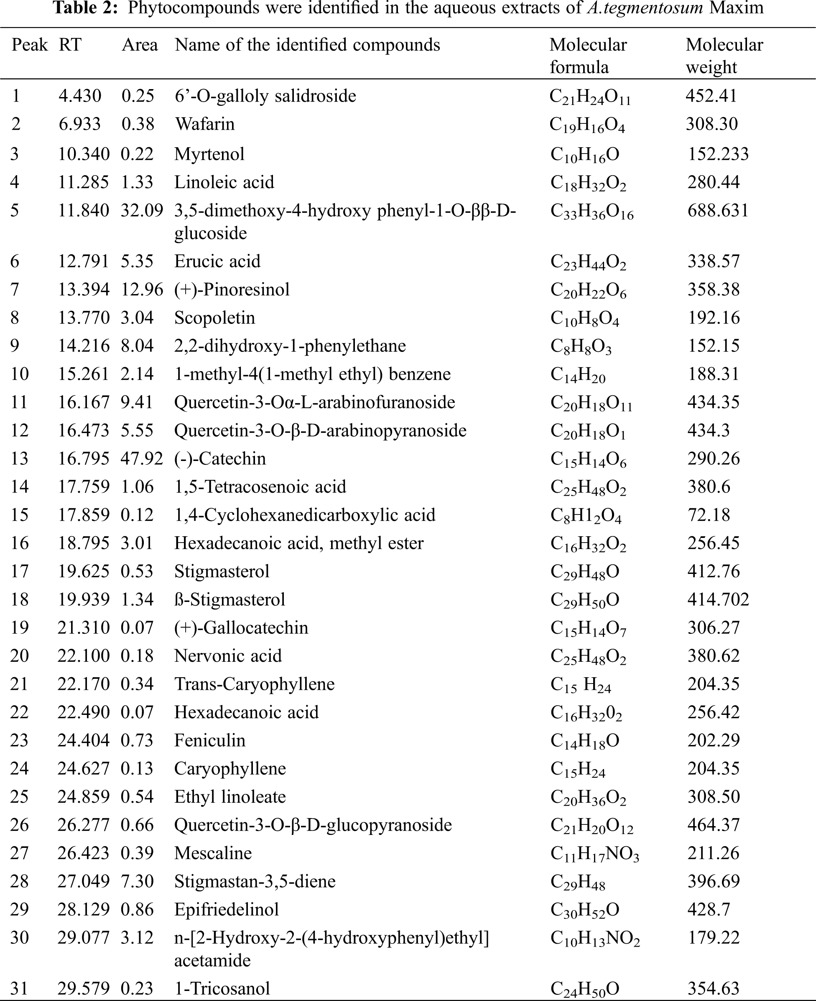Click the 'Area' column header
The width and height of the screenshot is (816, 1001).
140,45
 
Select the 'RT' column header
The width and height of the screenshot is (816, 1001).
70,45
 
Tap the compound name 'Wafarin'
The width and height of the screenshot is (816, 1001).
204,124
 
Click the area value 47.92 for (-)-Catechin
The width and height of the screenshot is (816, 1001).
141,458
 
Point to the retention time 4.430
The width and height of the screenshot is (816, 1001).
80,96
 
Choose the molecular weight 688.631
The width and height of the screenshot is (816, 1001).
718,210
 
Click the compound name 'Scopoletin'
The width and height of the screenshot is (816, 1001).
214,318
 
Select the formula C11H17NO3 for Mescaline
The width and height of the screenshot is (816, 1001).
594,854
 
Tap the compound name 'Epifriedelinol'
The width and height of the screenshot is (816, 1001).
227,910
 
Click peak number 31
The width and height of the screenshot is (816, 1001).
19,988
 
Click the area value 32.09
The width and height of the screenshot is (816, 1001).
141,210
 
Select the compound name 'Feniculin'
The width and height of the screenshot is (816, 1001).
209,740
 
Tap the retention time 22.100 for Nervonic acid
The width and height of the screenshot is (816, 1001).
83,656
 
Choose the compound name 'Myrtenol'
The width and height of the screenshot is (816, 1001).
209,154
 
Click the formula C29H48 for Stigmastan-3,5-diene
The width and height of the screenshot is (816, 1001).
578,882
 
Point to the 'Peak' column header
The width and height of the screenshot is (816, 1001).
30,45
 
